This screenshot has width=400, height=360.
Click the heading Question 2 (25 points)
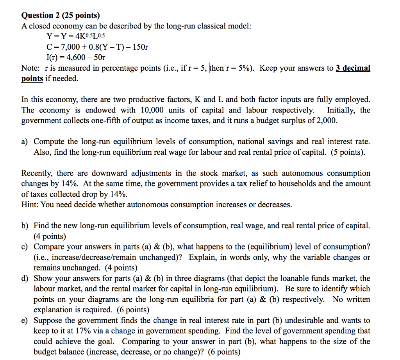61,15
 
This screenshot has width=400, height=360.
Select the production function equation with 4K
76,37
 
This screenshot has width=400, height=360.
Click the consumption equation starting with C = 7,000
97,47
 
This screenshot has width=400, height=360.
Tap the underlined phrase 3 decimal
353,68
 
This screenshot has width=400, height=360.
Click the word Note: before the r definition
30,68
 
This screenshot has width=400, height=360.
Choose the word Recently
37,173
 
